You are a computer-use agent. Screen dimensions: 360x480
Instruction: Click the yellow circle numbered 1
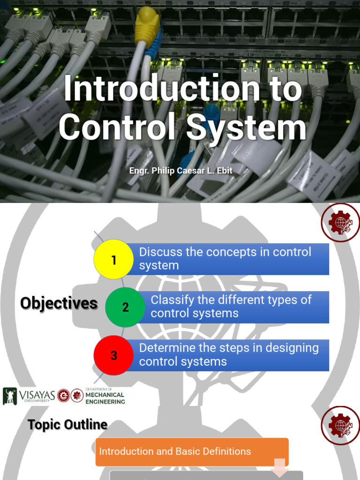pos(114,259)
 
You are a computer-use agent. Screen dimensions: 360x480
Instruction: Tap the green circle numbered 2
pos(125,307)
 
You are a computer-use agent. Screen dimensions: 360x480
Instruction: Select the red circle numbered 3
pos(114,355)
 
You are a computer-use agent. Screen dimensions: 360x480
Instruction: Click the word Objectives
pos(59,303)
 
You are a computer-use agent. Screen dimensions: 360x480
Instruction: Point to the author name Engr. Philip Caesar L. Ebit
pos(180,171)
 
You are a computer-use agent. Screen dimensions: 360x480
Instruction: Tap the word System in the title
pos(246,127)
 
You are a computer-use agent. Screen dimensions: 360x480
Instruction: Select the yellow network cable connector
pos(148,26)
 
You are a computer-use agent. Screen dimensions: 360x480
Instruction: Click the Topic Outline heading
pos(67,425)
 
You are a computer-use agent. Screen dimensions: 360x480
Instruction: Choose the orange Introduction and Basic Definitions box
pos(192,452)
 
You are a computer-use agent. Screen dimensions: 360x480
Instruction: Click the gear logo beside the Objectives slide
pos(340,223)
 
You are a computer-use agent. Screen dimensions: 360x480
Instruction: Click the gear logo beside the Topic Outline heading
pos(340,426)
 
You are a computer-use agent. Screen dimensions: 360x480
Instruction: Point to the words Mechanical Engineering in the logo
pos(105,398)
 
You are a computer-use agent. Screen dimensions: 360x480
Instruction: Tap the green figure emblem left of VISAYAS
pos(9,396)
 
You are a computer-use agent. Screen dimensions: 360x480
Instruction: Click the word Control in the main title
pos(115,127)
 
